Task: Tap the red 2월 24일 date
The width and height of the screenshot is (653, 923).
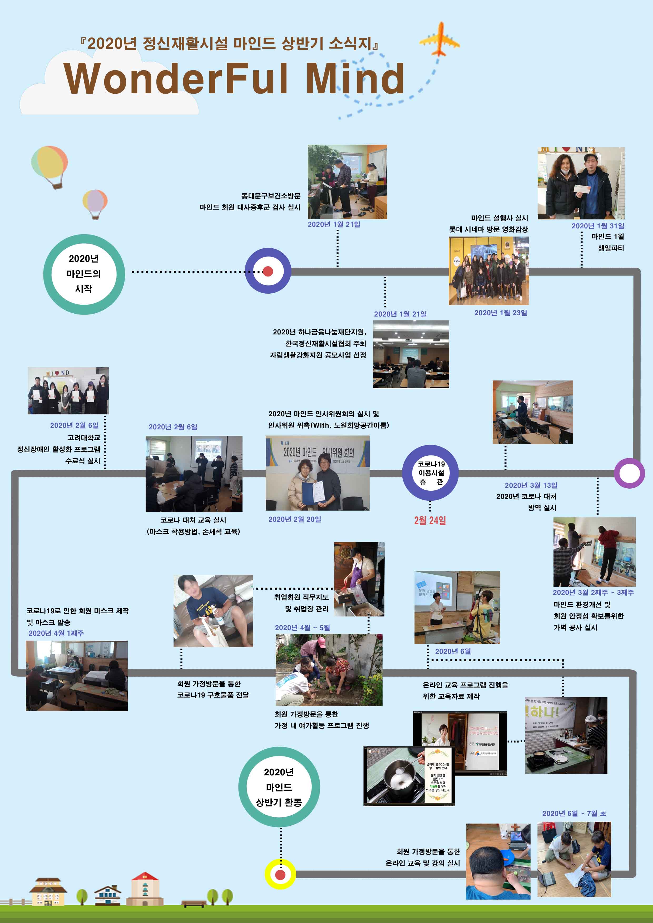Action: (x=430, y=521)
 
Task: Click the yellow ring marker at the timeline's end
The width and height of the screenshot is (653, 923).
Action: (x=280, y=874)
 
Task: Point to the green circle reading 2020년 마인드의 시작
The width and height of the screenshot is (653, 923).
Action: (x=84, y=274)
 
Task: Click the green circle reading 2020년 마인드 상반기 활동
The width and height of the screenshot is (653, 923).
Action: (x=279, y=787)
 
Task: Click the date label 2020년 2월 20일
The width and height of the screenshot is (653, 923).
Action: (x=295, y=519)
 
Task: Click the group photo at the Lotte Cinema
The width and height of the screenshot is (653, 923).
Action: (x=488, y=270)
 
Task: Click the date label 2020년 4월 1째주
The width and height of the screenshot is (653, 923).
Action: (x=56, y=633)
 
